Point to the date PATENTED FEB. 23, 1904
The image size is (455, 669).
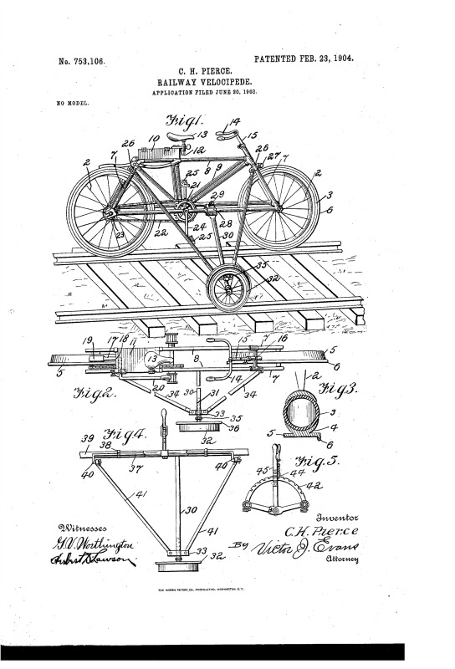[303, 59]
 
